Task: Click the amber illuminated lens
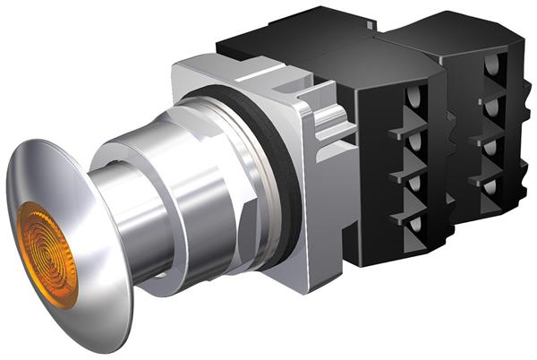[x=47, y=255]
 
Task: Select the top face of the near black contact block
[x=304, y=40]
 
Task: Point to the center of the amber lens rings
[x=47, y=255]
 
